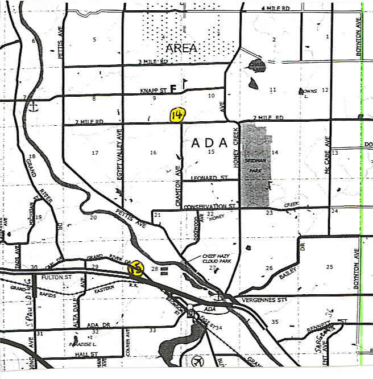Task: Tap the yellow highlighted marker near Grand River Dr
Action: [136, 269]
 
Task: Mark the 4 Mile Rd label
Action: [275, 9]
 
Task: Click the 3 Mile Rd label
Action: [153, 61]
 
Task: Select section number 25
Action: [329, 267]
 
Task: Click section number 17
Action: [95, 153]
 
